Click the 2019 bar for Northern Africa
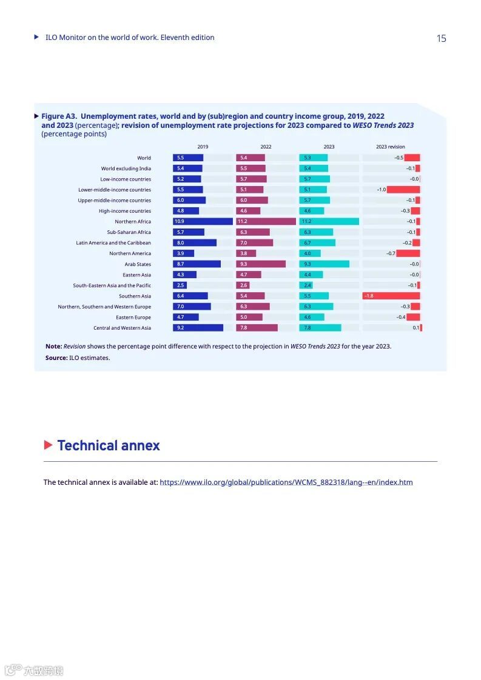[203, 222]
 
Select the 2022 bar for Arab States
[260, 264]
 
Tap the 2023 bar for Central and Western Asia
[320, 328]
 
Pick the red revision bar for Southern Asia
[391, 296]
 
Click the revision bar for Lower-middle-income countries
[403, 190]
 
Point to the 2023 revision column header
[390, 147]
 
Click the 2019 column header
[203, 147]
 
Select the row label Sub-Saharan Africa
[129, 232]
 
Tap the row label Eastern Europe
[133, 318]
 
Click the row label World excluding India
[126, 168]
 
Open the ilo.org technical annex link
[286, 482]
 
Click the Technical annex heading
[109, 446]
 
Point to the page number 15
[441, 39]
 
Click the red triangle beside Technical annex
[49, 445]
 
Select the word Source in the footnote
[56, 358]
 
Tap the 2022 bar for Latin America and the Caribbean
[254, 243]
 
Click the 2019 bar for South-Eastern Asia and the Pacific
[180, 285]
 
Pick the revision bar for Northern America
[408, 253]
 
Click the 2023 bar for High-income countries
[311, 211]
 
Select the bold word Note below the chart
[53, 346]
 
